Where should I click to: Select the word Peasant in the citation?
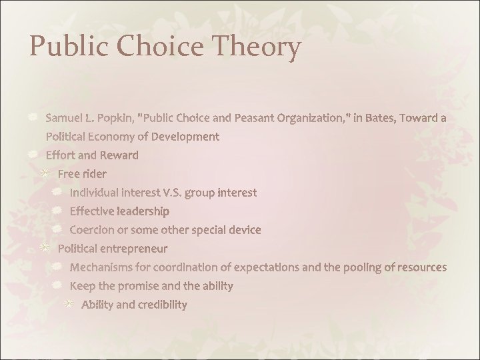[x=257, y=118]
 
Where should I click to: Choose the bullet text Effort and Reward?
[x=92, y=155]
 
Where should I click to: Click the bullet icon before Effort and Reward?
[x=33, y=155]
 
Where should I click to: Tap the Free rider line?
[x=82, y=174]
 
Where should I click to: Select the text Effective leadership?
[x=119, y=211]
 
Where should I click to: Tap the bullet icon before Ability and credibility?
[x=69, y=304]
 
